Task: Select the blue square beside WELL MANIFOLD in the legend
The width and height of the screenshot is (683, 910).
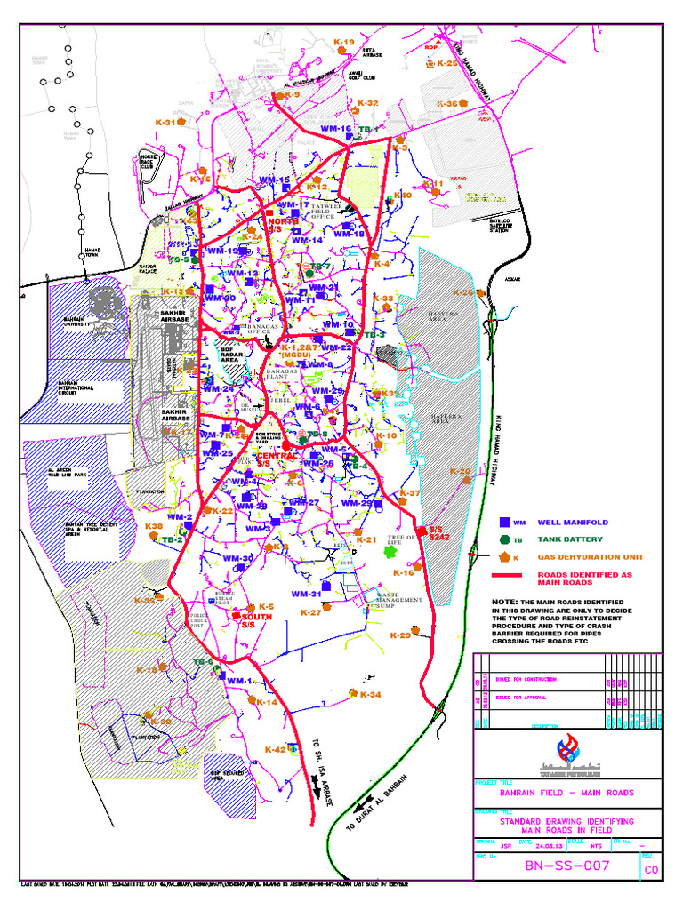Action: click(504, 523)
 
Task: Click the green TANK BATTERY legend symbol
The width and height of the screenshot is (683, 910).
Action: click(504, 539)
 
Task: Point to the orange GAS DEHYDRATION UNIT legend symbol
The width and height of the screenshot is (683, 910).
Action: click(504, 556)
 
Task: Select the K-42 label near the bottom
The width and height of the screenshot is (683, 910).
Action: click(275, 750)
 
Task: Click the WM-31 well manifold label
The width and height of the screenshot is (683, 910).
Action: click(306, 594)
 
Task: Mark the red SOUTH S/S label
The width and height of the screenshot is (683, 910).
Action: click(257, 620)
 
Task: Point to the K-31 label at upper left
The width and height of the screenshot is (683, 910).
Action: click(165, 123)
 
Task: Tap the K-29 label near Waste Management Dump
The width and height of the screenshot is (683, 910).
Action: click(400, 635)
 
